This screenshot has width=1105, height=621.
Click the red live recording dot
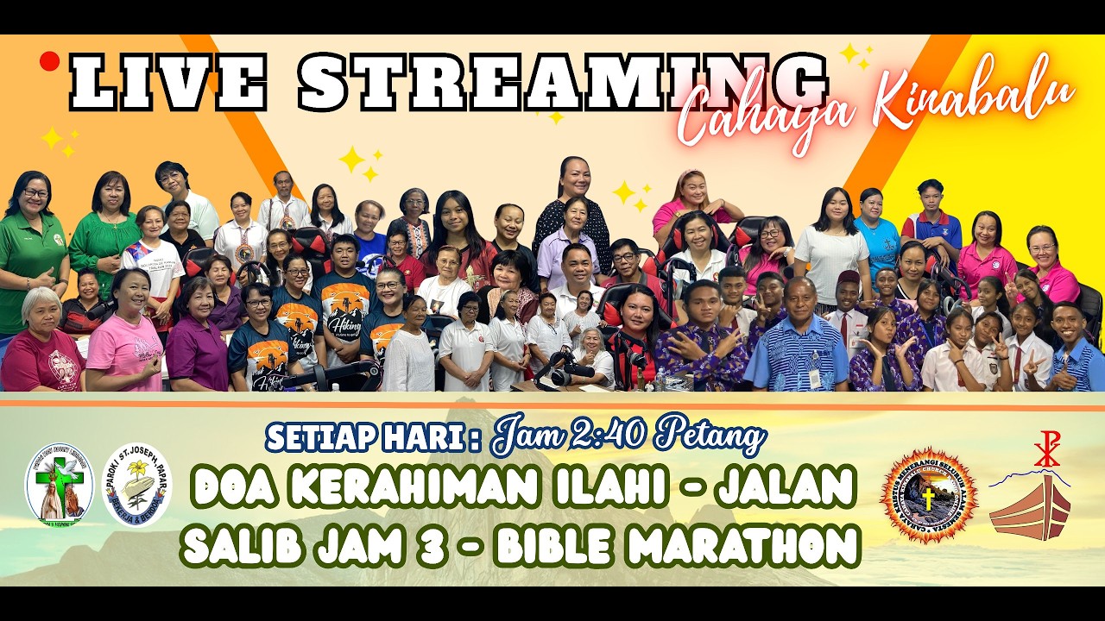(x=49, y=60)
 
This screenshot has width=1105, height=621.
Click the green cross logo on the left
(x=59, y=485)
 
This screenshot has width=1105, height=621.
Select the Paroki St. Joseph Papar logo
(x=137, y=485)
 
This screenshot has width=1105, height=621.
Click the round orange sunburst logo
(x=929, y=495)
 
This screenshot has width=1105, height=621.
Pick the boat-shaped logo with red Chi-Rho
(x=1031, y=495)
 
